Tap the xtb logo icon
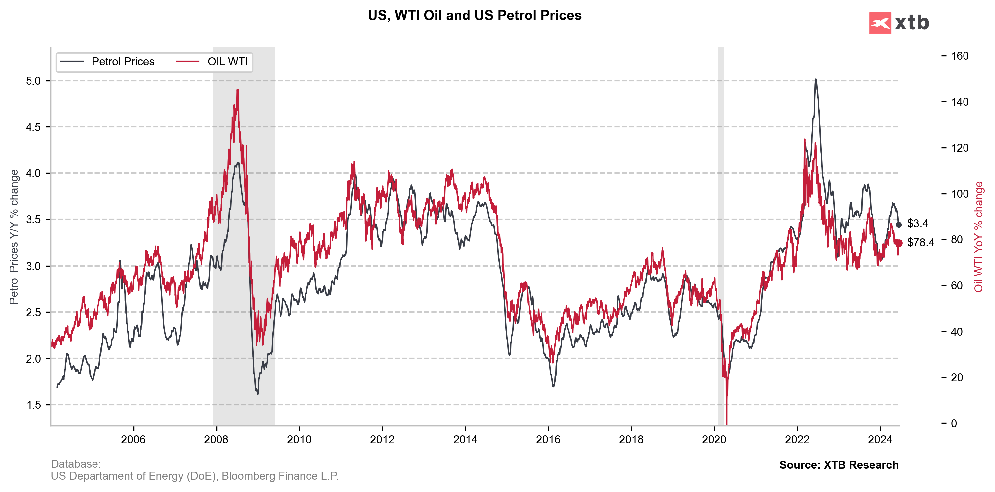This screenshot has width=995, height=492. pos(880,23)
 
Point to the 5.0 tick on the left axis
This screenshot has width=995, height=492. pos(33,81)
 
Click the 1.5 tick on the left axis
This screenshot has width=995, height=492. pos(33,405)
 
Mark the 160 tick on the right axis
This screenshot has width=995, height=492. pos(960,56)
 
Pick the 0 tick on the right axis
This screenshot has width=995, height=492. pos(954,423)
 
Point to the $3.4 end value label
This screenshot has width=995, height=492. pos(918,223)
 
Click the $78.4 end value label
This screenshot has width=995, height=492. pos(921,243)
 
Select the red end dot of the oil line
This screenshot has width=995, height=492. pos(899,243)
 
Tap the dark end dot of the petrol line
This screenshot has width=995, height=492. pos(899,225)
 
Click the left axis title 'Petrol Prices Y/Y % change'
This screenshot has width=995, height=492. pos(14,237)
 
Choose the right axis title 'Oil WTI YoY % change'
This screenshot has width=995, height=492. pos(978,237)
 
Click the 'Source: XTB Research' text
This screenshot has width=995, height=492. pos(839,465)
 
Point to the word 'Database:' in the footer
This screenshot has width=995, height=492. pos(76,464)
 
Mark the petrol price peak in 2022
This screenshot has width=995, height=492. pos(815,80)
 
